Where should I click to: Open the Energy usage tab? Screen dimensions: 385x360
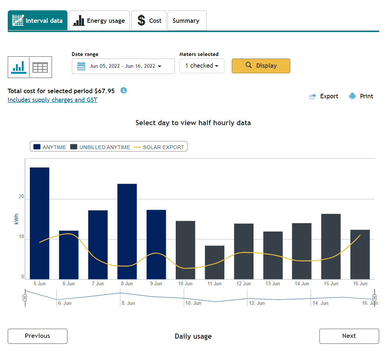[x=99, y=20]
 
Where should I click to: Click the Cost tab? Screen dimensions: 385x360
[x=149, y=20]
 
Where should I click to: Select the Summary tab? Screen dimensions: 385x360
[x=187, y=20]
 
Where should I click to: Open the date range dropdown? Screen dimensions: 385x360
[x=123, y=66]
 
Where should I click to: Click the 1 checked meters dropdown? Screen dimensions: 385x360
[x=202, y=66]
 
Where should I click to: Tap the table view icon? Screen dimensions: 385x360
[x=40, y=67]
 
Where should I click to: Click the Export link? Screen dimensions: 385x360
[x=324, y=96]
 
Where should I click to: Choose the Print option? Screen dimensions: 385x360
[x=361, y=96]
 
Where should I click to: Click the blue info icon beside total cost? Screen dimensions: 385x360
[x=123, y=91]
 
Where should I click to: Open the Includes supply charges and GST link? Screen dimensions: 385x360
[x=52, y=100]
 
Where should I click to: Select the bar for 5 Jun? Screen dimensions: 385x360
[x=39, y=223]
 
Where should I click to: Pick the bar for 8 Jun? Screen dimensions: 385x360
[x=127, y=232]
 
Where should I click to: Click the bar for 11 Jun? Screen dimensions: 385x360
[x=214, y=262]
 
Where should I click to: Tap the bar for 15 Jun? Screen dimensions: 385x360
[x=331, y=247]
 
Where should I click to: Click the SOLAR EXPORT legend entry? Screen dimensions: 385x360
[x=159, y=147]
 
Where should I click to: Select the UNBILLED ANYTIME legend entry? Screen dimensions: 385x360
[x=100, y=147]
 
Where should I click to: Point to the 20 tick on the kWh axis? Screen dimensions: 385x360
[x=21, y=197]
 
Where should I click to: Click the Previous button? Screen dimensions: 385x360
[x=38, y=336]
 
